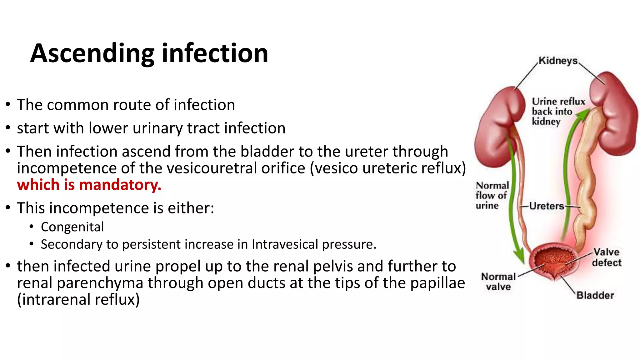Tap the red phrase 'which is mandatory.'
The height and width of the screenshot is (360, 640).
tap(89, 185)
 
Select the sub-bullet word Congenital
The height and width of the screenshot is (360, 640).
tap(72, 227)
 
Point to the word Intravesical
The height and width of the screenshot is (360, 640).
tap(285, 244)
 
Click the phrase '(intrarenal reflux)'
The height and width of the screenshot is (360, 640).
tap(78, 299)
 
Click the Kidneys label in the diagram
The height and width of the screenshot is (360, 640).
tap(558, 60)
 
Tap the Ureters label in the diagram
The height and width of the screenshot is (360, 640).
tap(547, 206)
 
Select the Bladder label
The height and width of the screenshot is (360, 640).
tap(595, 295)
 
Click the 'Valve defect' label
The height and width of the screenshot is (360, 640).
tap(607, 257)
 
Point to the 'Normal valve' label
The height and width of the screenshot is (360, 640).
tap(498, 282)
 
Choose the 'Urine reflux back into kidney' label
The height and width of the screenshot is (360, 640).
tap(558, 111)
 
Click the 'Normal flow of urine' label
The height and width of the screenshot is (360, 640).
tap(492, 196)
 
